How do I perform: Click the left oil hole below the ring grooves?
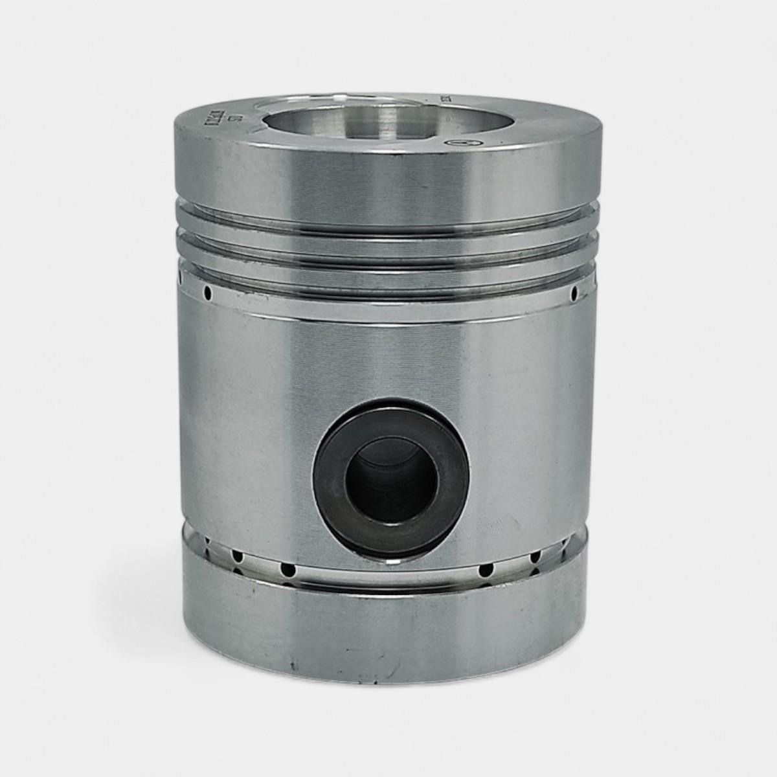click(x=208, y=294)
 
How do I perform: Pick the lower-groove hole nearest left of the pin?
click(x=287, y=570)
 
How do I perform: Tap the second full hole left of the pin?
click(x=238, y=557)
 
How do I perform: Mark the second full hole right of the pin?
click(x=535, y=557)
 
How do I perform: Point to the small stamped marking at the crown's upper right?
click(x=446, y=101)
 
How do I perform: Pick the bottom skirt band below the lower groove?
click(x=388, y=622)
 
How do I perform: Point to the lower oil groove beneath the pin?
click(x=388, y=573)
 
